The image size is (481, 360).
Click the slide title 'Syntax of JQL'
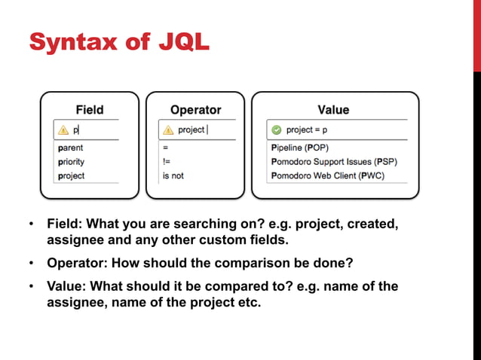tap(119, 41)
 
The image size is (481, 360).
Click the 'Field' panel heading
tap(90, 110)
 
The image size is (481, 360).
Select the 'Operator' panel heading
tap(195, 110)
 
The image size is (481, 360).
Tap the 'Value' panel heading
tap(333, 110)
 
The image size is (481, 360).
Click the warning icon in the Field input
tap(63, 130)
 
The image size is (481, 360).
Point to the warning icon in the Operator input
tap(169, 130)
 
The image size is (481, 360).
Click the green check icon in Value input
tap(277, 130)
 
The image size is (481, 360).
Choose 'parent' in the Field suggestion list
tap(70, 148)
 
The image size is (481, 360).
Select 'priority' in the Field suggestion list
tap(71, 162)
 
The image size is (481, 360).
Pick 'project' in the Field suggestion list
tap(71, 175)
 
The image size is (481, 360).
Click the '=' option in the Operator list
tap(165, 148)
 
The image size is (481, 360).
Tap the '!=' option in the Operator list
tap(166, 162)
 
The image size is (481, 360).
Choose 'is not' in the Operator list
tap(173, 175)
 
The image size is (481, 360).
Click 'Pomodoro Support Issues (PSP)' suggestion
tap(333, 162)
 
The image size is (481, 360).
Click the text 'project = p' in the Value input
tap(307, 130)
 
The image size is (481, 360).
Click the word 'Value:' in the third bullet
tap(66, 287)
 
